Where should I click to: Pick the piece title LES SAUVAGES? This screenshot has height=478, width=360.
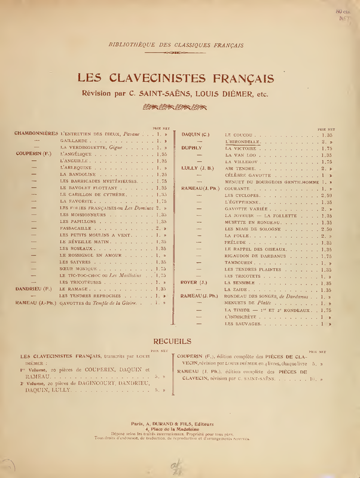click(243, 323)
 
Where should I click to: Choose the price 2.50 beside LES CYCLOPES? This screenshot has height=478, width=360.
click(326, 195)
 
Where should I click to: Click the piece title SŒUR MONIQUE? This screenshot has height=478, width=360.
click(78, 268)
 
